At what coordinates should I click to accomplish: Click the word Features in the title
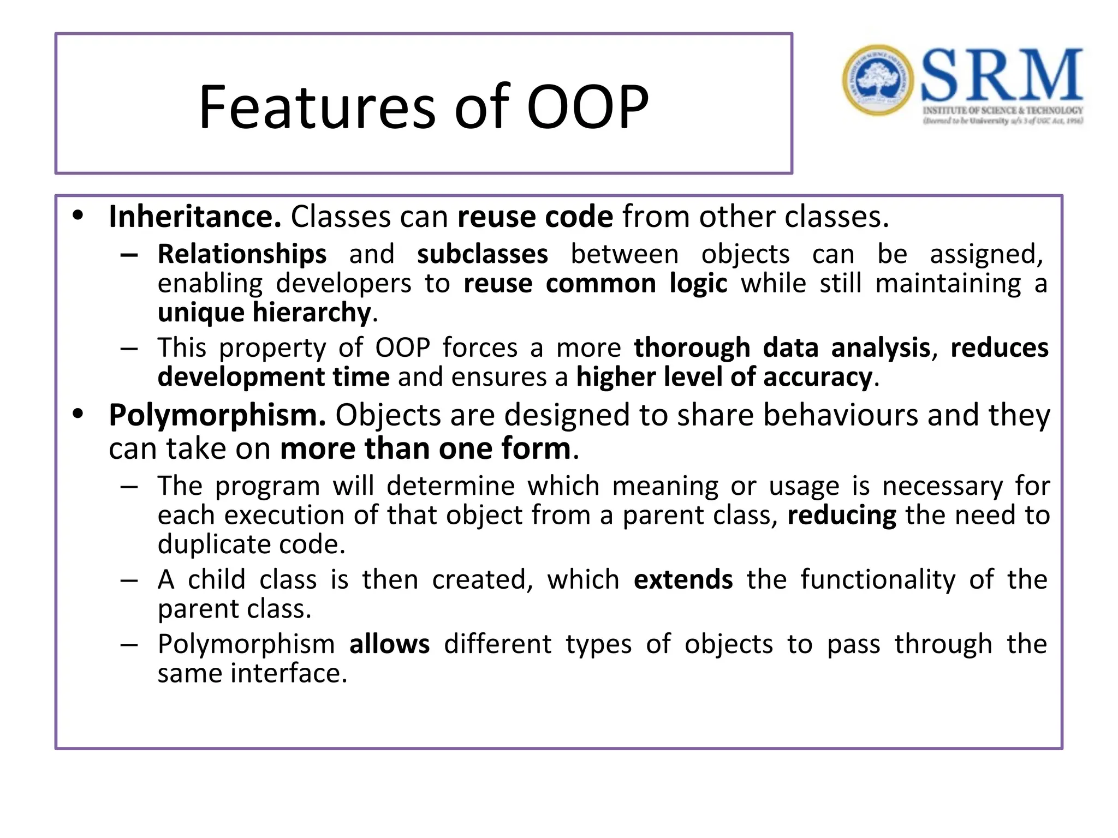point(317,107)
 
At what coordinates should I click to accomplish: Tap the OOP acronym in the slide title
point(587,107)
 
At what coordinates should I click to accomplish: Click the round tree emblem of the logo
point(877,80)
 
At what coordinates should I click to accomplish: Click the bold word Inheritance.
point(195,217)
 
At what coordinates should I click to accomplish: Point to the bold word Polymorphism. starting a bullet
point(217,415)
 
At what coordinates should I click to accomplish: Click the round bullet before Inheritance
point(78,216)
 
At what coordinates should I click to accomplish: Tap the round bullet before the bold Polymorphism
point(78,414)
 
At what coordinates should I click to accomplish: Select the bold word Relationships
point(242,254)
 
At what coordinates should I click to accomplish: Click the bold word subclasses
point(482,254)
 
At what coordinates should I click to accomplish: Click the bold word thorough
point(692,348)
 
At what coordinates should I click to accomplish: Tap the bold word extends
point(683,579)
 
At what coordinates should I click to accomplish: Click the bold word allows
point(389,644)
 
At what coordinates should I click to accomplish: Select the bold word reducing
point(841,516)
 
